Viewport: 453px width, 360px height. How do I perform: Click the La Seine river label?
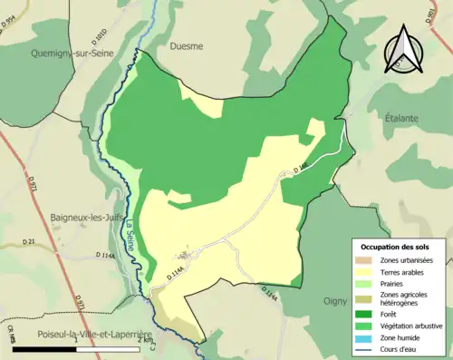click(130, 238)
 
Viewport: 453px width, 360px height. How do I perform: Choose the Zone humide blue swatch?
click(367, 337)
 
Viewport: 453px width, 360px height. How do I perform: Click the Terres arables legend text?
click(407, 270)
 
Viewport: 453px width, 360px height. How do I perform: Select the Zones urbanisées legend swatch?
click(367, 259)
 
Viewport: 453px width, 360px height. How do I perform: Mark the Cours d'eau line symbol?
click(367, 349)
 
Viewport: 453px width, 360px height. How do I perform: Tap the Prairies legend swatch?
click(367, 282)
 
